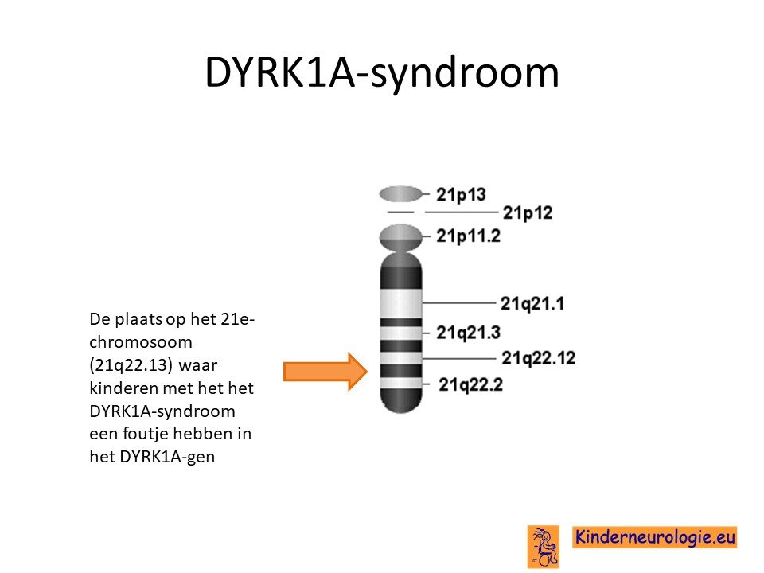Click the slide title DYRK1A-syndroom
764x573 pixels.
[x=382, y=72]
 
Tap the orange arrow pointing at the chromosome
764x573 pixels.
[x=325, y=372]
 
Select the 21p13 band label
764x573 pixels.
[x=461, y=194]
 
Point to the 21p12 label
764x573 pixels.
[x=528, y=212]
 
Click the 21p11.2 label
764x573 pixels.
[x=468, y=236]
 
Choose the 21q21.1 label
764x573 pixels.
[x=532, y=303]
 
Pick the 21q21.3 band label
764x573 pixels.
[x=468, y=333]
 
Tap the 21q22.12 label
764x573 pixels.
[x=539, y=358]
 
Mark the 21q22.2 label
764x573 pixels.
[x=470, y=384]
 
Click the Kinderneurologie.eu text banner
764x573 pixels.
[x=654, y=537]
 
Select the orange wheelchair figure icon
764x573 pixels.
[x=544, y=547]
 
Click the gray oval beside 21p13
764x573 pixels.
[x=400, y=194]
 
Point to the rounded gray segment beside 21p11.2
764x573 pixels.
[x=400, y=237]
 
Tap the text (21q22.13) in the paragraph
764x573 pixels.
[x=131, y=365]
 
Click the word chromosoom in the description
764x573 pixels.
[x=141, y=342]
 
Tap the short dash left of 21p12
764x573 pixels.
[x=400, y=212]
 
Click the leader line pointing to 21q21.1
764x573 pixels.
[x=459, y=303]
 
